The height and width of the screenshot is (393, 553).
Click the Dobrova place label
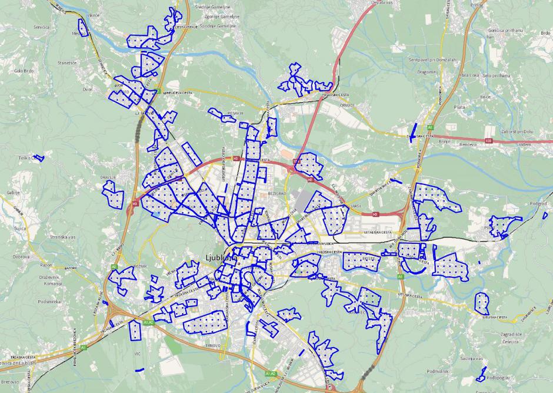coord(21,257)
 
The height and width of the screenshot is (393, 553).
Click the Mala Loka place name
coord(469,75)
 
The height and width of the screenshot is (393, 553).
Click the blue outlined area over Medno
coord(82,27)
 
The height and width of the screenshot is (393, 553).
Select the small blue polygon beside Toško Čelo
coord(39,158)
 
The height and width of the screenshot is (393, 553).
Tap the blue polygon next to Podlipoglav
coord(482,373)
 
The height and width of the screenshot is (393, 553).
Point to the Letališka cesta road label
coord(378,233)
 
